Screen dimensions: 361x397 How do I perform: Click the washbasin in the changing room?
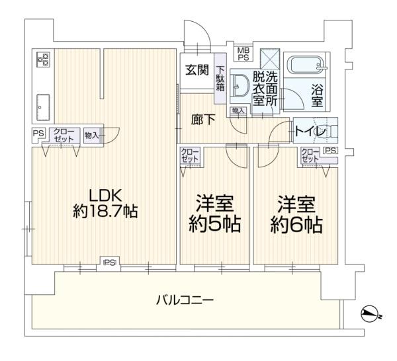pos(242,85)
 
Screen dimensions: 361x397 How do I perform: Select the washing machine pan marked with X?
pos(269,58)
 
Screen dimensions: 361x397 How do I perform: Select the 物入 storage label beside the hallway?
pos(237,111)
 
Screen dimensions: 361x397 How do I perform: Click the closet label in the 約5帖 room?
pos(191,157)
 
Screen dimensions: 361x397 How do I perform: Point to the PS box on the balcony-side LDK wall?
pos(109,262)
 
